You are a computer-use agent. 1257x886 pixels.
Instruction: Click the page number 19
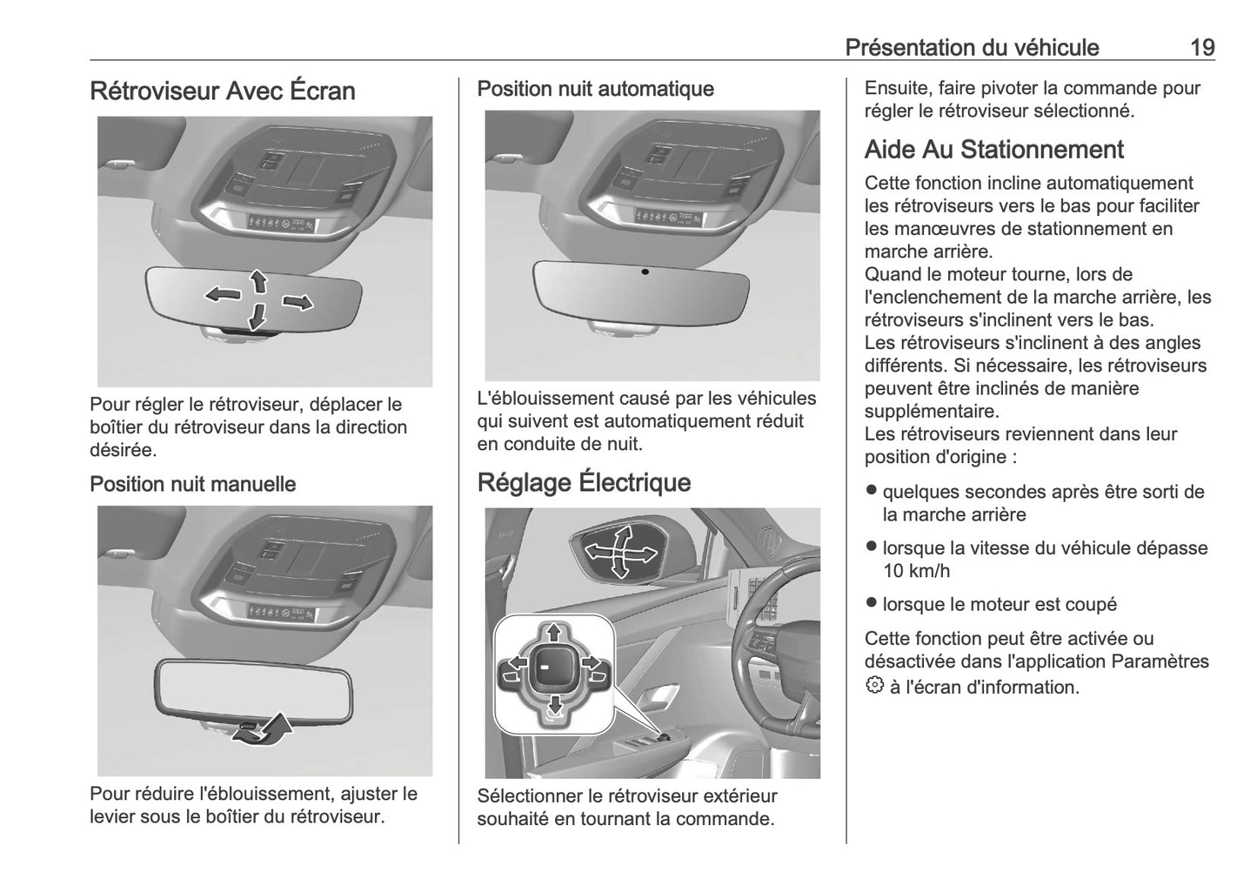point(1202,47)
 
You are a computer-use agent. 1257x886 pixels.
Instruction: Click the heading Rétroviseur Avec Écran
point(223,91)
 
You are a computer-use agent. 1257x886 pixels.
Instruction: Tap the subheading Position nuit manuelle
point(192,484)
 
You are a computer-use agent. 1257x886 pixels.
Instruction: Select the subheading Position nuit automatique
point(595,89)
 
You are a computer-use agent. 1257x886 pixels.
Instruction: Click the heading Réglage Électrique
point(584,482)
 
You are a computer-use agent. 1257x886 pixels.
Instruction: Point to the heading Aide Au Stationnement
point(993,150)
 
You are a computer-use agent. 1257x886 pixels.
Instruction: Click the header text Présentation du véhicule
point(972,47)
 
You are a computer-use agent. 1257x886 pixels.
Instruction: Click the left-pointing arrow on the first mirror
point(223,294)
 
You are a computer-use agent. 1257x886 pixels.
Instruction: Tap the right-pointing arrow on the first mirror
point(298,302)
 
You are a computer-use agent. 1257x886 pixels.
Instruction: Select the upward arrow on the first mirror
point(258,280)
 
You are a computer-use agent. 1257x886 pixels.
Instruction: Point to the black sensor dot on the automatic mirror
point(645,272)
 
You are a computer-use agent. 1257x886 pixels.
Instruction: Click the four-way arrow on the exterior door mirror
point(619,550)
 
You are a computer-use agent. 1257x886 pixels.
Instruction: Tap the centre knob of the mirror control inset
point(550,668)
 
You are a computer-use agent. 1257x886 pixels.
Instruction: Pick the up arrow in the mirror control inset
point(552,632)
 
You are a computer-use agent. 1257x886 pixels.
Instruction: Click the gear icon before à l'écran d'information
point(873,686)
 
